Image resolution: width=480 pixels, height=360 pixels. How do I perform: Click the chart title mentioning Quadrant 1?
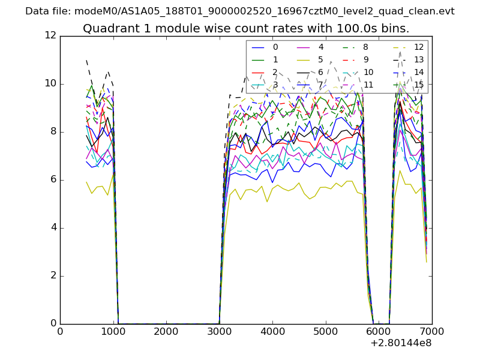click(x=246, y=28)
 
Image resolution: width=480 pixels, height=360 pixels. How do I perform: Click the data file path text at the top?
click(x=240, y=11)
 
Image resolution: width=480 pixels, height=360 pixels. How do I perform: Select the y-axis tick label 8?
click(x=53, y=132)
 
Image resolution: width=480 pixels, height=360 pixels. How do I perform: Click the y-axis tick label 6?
click(x=53, y=180)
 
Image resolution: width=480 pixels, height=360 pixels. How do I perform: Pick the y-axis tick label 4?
click(x=53, y=228)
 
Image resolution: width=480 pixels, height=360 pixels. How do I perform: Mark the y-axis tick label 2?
click(x=53, y=276)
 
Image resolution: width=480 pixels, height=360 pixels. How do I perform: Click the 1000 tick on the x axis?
click(x=113, y=332)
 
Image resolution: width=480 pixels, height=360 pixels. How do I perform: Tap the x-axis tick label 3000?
click(x=219, y=332)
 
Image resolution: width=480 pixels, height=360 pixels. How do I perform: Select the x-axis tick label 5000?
click(x=325, y=332)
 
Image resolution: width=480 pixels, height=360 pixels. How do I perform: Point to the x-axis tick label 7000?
click(x=431, y=332)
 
